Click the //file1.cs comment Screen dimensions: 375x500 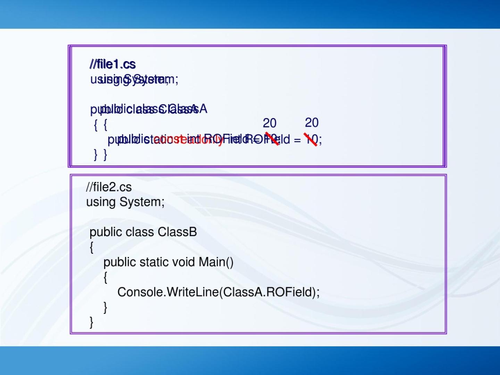[112, 64]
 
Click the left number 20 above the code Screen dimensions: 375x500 [269, 123]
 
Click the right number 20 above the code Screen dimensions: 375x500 [311, 123]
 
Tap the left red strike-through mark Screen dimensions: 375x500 [272, 139]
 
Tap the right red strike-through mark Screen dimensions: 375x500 [310, 139]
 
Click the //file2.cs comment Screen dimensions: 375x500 [109, 187]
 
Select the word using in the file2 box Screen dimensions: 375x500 [101, 202]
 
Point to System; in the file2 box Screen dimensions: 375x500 [142, 202]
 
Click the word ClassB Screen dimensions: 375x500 [177, 232]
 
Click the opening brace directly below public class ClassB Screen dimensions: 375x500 [91, 247]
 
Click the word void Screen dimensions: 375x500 [185, 262]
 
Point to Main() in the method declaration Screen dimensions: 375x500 [216, 262]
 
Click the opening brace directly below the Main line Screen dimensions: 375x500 [105, 277]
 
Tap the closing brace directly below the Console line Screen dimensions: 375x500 [105, 307]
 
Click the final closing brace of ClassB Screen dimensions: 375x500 [91, 322]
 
